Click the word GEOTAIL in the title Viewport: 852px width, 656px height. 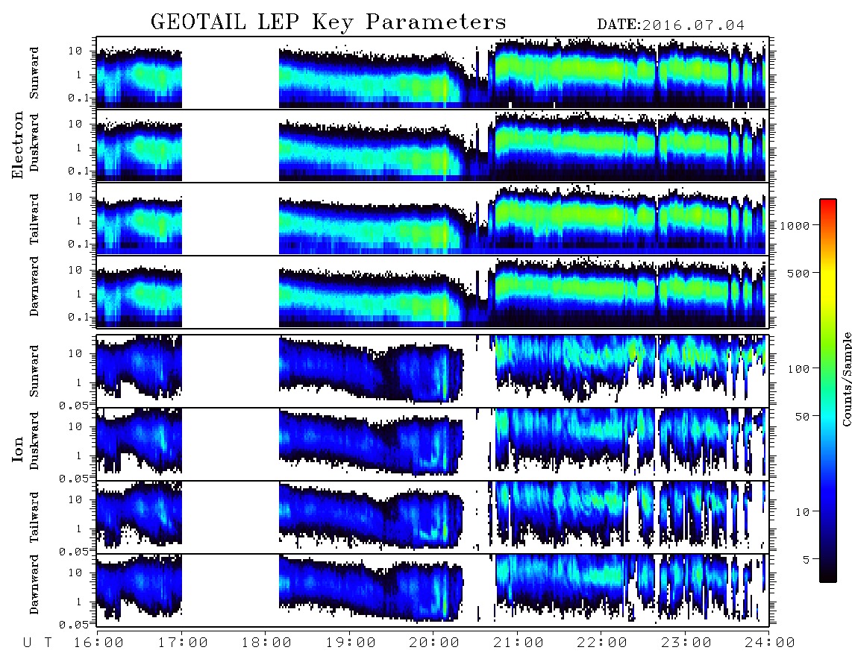[x=198, y=22]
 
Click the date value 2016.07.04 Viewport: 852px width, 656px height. [x=694, y=25]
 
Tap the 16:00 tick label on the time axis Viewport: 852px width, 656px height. [x=98, y=643]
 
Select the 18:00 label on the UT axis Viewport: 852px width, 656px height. [x=266, y=643]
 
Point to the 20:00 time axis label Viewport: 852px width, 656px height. [x=434, y=643]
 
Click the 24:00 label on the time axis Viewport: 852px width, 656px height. [x=770, y=643]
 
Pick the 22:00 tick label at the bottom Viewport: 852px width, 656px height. [x=602, y=643]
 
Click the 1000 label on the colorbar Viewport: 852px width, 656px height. [x=795, y=225]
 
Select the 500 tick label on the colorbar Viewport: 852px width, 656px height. [x=798, y=273]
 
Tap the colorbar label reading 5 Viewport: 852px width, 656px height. [x=806, y=559]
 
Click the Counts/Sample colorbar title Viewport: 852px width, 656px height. [x=847, y=379]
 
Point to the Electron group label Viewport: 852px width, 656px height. [x=18, y=145]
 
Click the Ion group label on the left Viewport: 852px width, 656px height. [x=18, y=449]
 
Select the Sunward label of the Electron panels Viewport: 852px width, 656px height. [x=34, y=73]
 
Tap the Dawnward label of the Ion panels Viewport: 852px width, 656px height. [x=34, y=584]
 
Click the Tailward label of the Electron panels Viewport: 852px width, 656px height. [x=34, y=219]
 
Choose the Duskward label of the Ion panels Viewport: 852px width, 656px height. [x=34, y=441]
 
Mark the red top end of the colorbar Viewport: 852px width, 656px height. [x=828, y=201]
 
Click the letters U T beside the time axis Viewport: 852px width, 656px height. [x=37, y=643]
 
